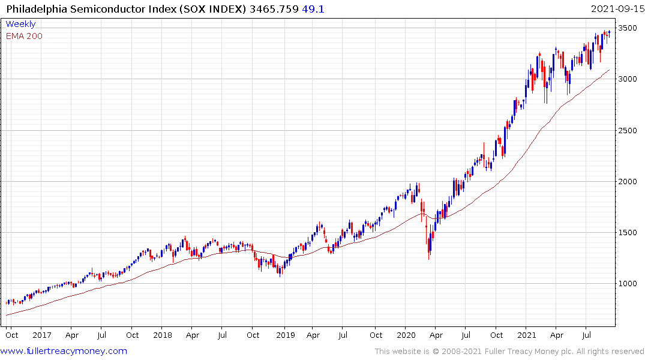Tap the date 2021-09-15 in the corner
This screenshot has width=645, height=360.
click(615, 9)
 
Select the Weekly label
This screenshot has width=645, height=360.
click(20, 25)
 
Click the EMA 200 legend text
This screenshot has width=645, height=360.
click(24, 36)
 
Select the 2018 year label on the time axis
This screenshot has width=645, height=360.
click(162, 335)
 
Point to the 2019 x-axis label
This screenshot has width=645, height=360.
click(284, 335)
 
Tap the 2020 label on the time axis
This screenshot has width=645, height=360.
click(406, 335)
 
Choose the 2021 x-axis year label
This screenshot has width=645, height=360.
click(527, 335)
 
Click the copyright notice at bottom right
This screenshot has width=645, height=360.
click(509, 352)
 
